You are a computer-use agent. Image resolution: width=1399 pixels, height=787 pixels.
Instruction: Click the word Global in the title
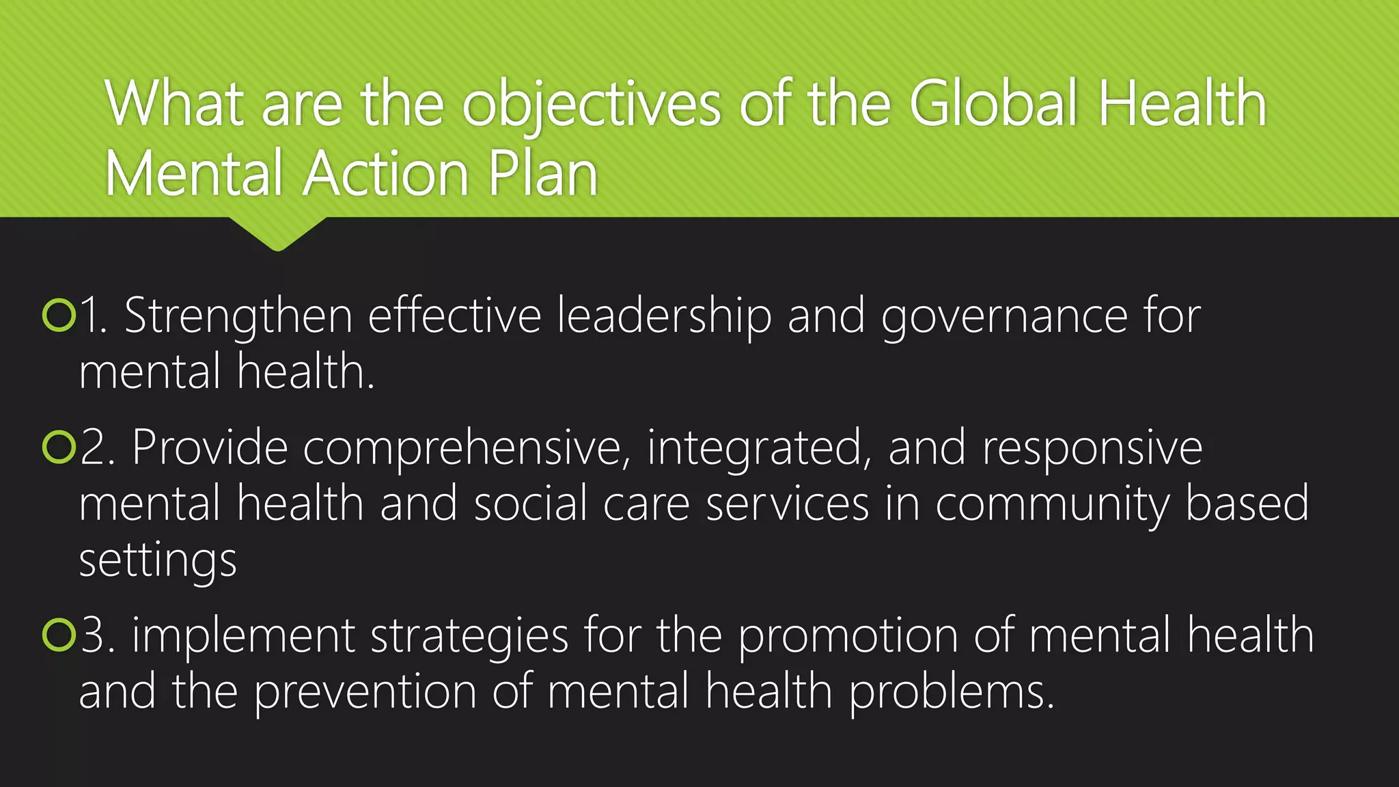(x=993, y=104)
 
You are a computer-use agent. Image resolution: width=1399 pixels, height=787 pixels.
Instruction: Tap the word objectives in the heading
(x=591, y=107)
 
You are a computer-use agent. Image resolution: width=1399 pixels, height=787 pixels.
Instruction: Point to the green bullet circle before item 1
(x=59, y=316)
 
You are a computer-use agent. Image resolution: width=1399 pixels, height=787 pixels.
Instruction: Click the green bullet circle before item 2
(x=59, y=447)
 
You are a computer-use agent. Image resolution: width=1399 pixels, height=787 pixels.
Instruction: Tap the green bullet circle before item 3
(x=59, y=635)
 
